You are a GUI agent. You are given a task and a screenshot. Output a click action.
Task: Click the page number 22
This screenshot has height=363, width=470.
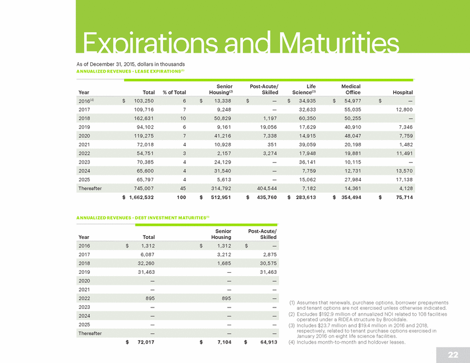[x=453, y=355]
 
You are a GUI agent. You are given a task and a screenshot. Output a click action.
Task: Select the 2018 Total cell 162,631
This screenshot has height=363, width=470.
[x=144, y=118]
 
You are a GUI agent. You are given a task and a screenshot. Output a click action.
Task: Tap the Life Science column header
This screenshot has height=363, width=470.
[x=304, y=89]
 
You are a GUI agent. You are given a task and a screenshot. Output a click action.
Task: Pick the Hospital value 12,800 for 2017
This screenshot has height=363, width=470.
[x=404, y=110]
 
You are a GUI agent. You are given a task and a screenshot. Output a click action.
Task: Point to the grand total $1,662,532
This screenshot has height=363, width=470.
[x=138, y=197]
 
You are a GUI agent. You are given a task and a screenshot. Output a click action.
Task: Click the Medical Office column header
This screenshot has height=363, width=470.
[x=351, y=89]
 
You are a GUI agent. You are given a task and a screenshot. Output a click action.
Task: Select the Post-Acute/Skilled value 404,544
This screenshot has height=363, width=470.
[x=267, y=189]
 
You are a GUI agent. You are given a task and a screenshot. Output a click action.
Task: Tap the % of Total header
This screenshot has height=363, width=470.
[x=174, y=93]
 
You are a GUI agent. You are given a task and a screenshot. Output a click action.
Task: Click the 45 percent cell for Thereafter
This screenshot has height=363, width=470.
[x=183, y=189]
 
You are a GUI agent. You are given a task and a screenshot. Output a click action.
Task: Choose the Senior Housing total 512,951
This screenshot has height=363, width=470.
[x=221, y=197]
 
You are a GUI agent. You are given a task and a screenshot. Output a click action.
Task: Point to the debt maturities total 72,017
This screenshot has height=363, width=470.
[x=146, y=342]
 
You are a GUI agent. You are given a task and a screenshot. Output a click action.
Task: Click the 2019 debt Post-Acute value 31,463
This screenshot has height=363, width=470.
[x=268, y=272]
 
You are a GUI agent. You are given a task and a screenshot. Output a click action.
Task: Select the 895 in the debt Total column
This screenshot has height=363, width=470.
[x=150, y=298]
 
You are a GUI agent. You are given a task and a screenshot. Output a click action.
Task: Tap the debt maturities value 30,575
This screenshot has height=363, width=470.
[x=268, y=264]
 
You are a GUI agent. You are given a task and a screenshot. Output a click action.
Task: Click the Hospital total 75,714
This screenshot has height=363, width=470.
[x=404, y=197]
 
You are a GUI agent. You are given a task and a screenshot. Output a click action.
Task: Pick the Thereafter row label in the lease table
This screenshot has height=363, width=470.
[x=90, y=189]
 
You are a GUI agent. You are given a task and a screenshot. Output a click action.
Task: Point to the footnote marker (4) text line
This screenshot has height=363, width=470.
[x=347, y=342]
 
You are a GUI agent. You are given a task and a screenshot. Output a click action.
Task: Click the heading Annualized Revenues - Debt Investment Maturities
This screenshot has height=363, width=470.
[x=143, y=218]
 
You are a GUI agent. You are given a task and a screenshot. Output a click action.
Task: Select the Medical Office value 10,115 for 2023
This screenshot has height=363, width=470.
[x=353, y=162]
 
